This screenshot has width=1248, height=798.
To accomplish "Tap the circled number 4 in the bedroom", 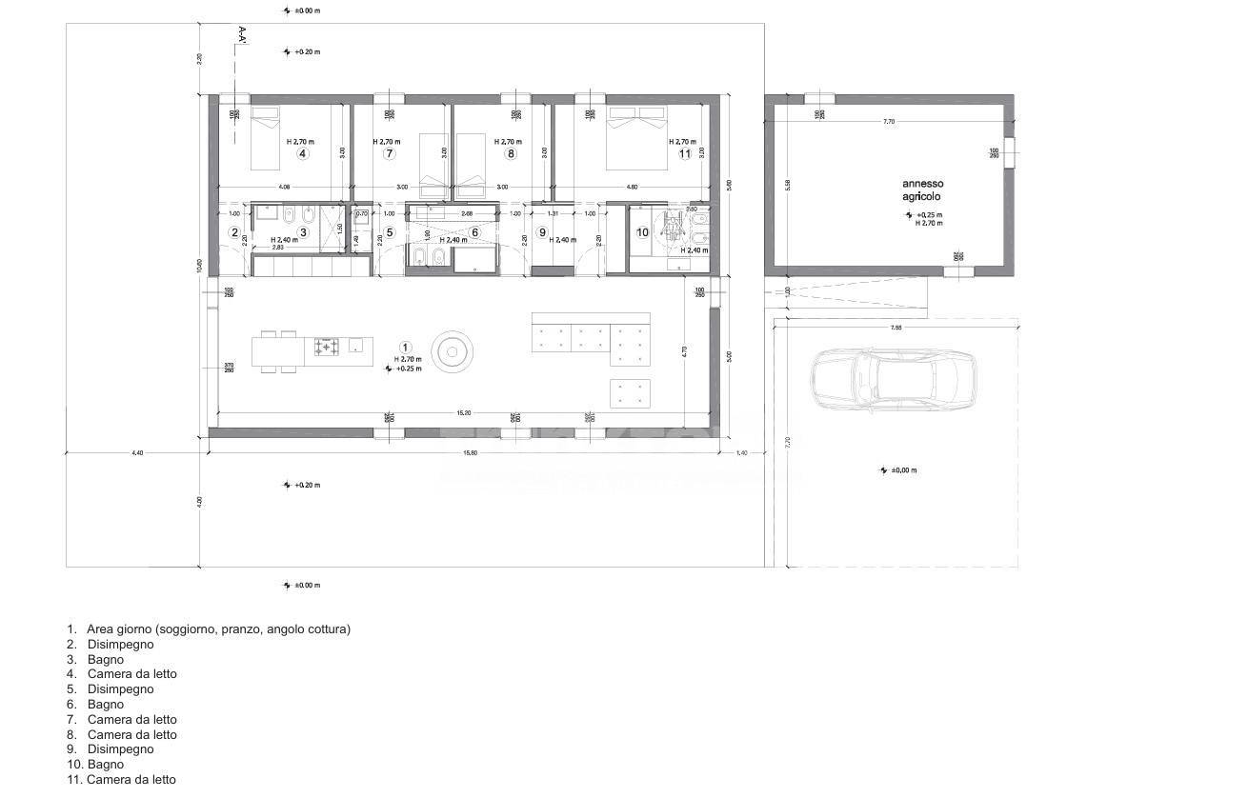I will (x=302, y=153).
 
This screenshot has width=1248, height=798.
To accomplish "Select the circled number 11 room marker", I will (x=684, y=153).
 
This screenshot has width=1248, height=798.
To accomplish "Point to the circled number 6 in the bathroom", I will (x=474, y=232).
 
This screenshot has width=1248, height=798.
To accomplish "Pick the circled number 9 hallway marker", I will (x=542, y=232).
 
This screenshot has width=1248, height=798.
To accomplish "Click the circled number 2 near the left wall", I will (x=234, y=231).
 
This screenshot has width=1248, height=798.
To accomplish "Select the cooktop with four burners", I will (x=327, y=347).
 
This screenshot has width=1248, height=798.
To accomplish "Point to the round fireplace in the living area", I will (x=451, y=351).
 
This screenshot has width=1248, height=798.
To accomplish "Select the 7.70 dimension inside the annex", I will (x=889, y=122).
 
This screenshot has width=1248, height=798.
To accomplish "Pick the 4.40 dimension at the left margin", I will (x=137, y=453).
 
